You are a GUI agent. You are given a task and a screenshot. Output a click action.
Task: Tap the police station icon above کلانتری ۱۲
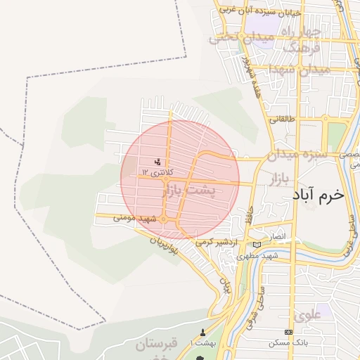[x=157, y=161]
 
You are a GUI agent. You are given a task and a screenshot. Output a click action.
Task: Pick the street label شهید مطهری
[x=263, y=255]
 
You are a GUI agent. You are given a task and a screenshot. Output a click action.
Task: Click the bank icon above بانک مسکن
[x=288, y=332]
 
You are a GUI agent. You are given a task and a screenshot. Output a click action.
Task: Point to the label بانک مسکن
[x=285, y=343]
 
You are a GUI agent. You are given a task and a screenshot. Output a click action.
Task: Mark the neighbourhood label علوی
[x=309, y=315]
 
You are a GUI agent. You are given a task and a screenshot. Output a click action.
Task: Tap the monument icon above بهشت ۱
[x=204, y=332]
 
